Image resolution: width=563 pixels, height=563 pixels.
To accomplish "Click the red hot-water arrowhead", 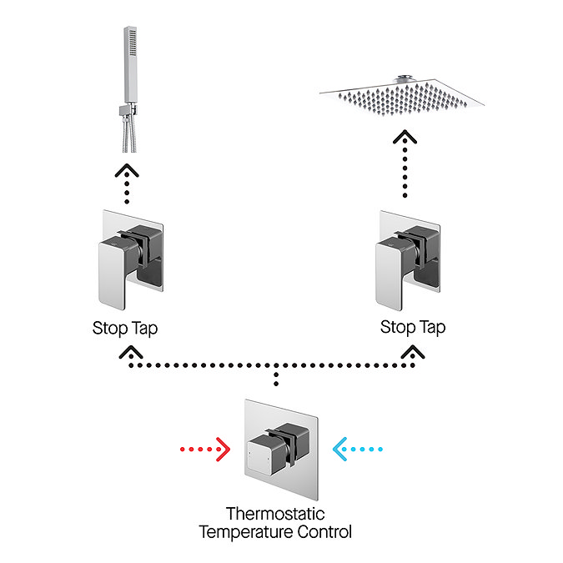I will [x=223, y=450].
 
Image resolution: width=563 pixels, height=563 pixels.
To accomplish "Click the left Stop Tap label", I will [x=125, y=328].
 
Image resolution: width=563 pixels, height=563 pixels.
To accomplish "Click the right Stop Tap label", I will [x=413, y=328].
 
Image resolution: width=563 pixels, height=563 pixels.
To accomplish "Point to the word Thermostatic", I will [x=275, y=514].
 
